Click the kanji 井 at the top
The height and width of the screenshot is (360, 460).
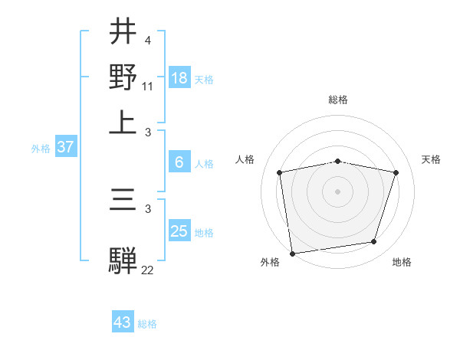tap(123, 31)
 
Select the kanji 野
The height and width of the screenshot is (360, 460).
tap(123, 77)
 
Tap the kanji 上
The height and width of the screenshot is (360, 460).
tap(123, 123)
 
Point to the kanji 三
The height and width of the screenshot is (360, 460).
tap(123, 201)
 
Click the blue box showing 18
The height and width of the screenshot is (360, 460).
tap(179, 78)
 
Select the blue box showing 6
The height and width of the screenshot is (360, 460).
tap(179, 162)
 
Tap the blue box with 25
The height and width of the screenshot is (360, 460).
tap(179, 231)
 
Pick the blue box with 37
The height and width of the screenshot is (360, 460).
tap(65, 148)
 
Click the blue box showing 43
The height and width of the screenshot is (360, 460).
tap(123, 322)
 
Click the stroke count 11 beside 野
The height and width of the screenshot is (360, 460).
tap(148, 87)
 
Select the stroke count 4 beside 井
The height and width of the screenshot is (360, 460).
tap(147, 41)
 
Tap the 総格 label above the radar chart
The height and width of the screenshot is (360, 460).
tap(338, 100)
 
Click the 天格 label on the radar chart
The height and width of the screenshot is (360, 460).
tap(431, 159)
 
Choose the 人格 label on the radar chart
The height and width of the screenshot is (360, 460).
tap(245, 159)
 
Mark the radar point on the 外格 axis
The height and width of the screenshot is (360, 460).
tap(292, 253)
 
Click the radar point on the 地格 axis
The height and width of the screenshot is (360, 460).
tap(374, 242)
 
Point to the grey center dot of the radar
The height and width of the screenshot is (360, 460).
tap(338, 191)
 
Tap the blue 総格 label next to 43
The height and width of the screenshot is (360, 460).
tap(147, 324)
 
